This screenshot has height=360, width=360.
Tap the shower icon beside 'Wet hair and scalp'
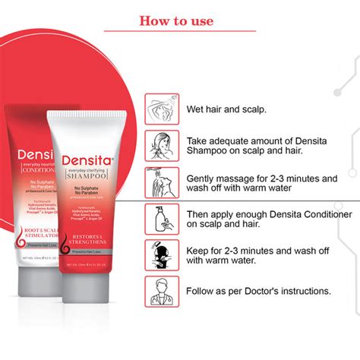(161, 109)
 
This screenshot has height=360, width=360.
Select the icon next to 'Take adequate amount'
(161, 145)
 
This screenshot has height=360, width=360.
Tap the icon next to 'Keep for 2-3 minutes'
(161, 255)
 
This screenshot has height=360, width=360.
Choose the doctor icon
(161, 292)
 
